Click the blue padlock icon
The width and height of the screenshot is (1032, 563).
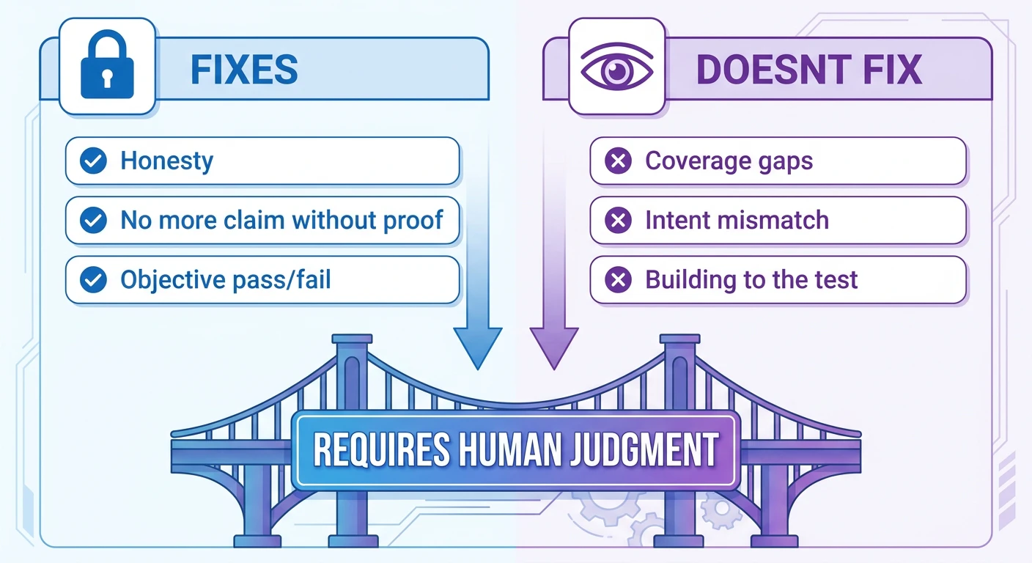107,65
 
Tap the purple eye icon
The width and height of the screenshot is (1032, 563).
617,67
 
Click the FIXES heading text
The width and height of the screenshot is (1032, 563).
244,70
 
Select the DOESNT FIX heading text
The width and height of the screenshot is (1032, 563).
809,70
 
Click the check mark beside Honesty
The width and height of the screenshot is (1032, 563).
94,161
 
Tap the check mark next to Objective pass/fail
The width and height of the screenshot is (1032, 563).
94,279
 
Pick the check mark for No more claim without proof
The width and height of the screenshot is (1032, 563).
94,220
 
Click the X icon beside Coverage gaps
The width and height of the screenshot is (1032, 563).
619,161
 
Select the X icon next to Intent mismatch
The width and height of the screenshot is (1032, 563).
619,220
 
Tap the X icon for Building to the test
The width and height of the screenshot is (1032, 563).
619,279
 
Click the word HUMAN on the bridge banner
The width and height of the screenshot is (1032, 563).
510,449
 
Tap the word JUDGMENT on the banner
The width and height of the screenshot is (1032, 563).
644,449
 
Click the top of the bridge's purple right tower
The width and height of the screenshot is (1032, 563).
679,339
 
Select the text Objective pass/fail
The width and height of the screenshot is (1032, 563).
226,280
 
